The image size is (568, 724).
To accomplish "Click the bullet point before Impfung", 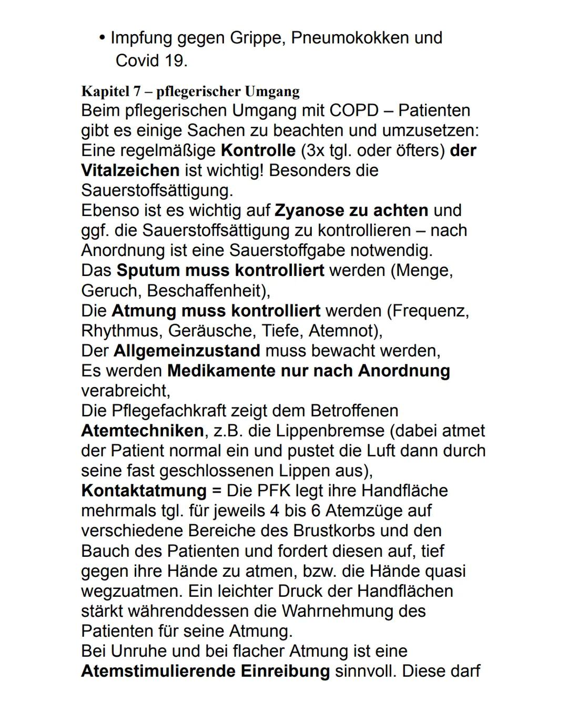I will (x=102, y=37).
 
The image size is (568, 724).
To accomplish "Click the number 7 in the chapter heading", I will (x=137, y=91).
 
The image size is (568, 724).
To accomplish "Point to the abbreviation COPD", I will (x=353, y=110).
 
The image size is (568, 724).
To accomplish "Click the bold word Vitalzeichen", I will (x=130, y=170).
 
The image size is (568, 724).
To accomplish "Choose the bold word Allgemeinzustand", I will (x=187, y=351).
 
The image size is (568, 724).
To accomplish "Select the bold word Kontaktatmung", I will (x=144, y=491).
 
